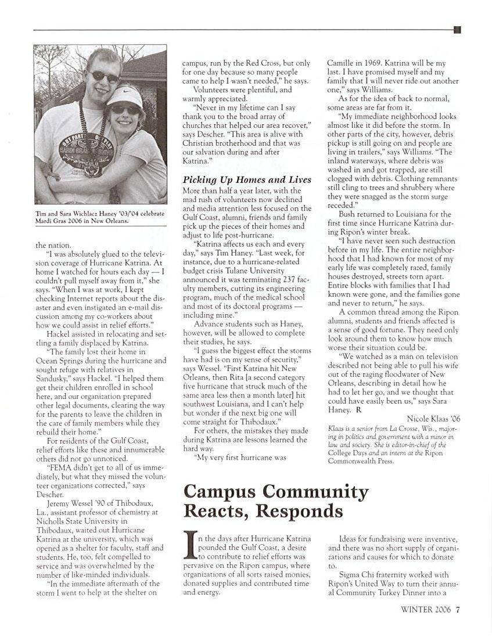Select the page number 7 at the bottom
click(458, 610)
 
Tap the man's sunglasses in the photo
click(103, 75)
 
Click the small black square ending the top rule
click(457, 30)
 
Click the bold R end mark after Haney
click(358, 410)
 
